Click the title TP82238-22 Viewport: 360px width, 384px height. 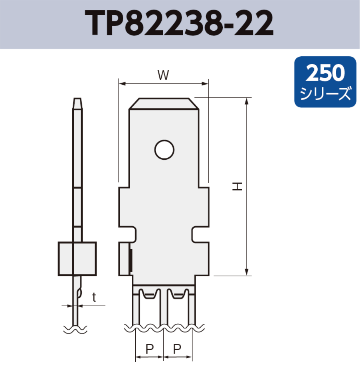point(180,24)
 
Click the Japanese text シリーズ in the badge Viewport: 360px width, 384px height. point(325,94)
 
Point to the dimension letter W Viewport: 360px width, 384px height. point(163,75)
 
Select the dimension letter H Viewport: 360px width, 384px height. point(238,186)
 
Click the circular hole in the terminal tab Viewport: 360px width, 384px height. point(164,150)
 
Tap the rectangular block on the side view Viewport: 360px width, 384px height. point(77,258)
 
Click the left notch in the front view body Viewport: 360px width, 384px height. point(133,234)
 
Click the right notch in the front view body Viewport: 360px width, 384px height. point(196,234)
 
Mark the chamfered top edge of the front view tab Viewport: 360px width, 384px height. point(164,103)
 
